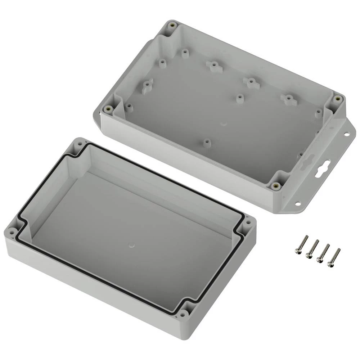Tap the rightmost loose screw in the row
(x=333, y=257)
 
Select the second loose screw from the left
(x=312, y=249)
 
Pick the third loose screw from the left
(x=323, y=253)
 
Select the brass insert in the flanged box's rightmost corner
(x=337, y=98)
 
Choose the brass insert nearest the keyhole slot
(x=275, y=186)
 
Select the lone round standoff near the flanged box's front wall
(x=206, y=143)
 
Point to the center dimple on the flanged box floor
(x=224, y=124)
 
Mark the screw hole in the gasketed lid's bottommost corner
(x=185, y=314)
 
